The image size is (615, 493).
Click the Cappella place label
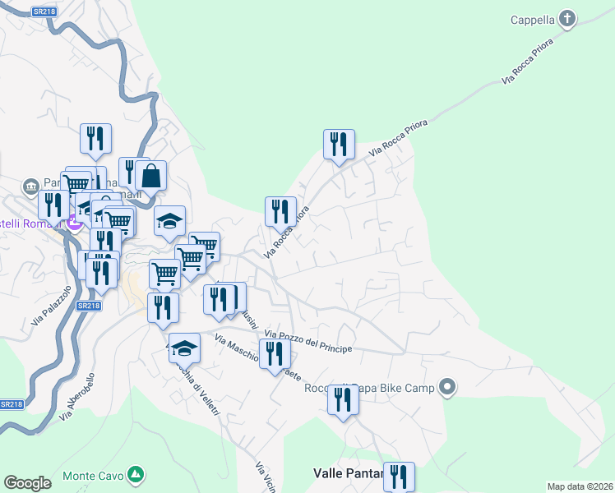pyautogui.click(x=532, y=20)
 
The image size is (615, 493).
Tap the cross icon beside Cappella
pyautogui.click(x=566, y=18)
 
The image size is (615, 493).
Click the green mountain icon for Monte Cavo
pyautogui.click(x=136, y=475)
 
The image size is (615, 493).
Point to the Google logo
pyautogui.click(x=27, y=483)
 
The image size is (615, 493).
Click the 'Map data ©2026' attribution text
pyautogui.click(x=579, y=486)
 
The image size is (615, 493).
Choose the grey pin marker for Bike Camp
pyautogui.click(x=447, y=386)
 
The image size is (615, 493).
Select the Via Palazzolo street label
pyautogui.click(x=45, y=306)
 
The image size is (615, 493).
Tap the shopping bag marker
pyautogui.click(x=151, y=175)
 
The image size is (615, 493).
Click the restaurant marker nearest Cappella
pyautogui.click(x=339, y=145)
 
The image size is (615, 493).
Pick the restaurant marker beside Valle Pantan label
pyautogui.click(x=399, y=476)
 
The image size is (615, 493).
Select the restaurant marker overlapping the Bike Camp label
pyautogui.click(x=343, y=399)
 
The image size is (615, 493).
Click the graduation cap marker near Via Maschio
pyautogui.click(x=184, y=348)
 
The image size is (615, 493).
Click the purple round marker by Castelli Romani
pyautogui.click(x=75, y=222)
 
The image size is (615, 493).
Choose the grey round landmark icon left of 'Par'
pyautogui.click(x=31, y=185)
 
